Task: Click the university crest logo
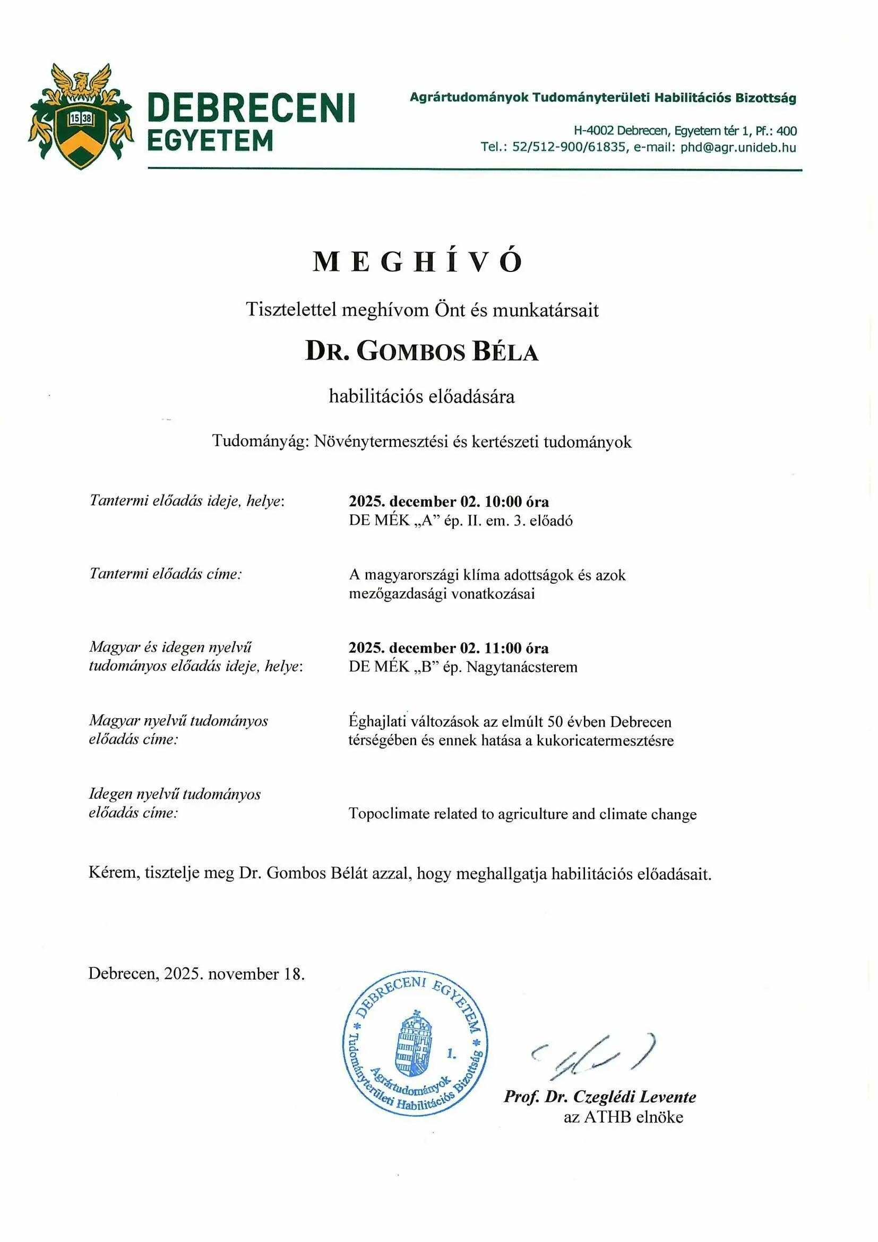pos(81,116)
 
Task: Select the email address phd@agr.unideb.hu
pos(738,147)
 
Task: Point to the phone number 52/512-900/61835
pos(568,147)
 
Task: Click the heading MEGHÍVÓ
pos(417,261)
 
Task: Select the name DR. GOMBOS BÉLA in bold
pos(421,352)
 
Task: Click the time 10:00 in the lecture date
pos(503,501)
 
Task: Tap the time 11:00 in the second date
pos(503,648)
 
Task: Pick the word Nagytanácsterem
pos(522,667)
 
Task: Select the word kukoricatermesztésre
pos(605,741)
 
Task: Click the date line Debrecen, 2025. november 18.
pos(196,974)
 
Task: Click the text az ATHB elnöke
pos(623,1117)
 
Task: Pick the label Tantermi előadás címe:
pos(166,573)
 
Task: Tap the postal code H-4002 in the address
pos(593,130)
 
